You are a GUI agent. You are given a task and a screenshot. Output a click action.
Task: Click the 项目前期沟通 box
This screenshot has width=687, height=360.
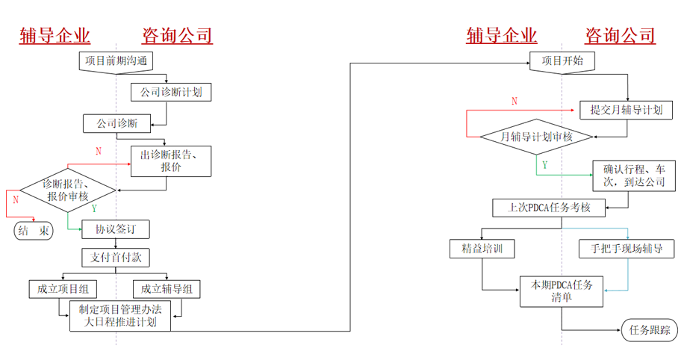coord(116,61)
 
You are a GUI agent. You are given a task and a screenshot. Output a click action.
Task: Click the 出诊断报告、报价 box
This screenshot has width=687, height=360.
coord(171,161)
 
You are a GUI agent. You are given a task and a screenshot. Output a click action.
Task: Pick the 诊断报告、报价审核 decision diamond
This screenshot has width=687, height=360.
coord(67,190)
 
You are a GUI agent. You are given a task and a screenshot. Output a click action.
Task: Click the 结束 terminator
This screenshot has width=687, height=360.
coord(35,231)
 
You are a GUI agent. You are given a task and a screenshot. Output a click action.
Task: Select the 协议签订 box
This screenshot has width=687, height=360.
coord(116,228)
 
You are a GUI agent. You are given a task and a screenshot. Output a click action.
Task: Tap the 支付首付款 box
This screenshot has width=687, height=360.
coord(116,258)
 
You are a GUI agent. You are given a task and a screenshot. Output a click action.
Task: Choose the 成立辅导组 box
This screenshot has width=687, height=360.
coord(167,288)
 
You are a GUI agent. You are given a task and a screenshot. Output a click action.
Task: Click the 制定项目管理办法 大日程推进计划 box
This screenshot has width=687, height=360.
coord(119,316)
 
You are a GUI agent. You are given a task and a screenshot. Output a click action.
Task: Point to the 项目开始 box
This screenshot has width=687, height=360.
coord(562,60)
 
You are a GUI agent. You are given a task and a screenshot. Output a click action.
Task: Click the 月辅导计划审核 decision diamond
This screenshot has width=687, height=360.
coord(536,137)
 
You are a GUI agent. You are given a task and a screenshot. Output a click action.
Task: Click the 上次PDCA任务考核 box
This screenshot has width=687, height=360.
coord(550,208)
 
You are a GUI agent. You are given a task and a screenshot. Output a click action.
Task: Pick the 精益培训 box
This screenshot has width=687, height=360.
coord(482,247)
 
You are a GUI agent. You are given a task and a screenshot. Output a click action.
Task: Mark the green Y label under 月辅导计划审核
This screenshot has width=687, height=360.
coord(544,164)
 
